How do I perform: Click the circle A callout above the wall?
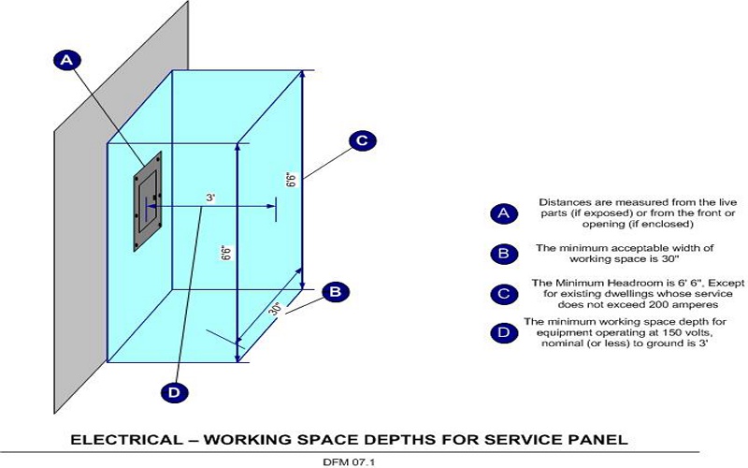click(65, 59)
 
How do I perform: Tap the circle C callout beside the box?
click(362, 141)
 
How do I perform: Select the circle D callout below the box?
click(173, 392)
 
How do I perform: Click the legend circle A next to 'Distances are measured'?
click(503, 213)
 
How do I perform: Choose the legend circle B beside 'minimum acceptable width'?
click(503, 254)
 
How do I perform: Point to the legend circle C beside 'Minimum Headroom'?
click(503, 294)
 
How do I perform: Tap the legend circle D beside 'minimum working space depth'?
click(503, 332)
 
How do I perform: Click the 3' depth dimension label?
click(211, 197)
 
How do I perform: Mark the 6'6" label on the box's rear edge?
click(291, 179)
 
